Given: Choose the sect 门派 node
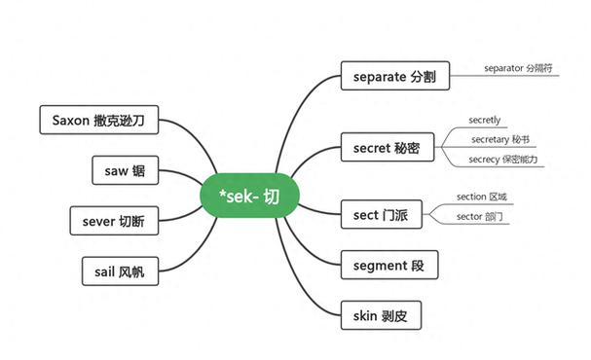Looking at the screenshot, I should (381, 213).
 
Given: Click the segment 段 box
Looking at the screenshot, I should (388, 265).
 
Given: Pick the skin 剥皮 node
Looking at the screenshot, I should (381, 315).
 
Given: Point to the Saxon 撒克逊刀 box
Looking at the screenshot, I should (99, 122).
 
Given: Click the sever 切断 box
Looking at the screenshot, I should (113, 221).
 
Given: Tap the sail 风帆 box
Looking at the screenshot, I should (119, 271).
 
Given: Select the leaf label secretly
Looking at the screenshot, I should (484, 121).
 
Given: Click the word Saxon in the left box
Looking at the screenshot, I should (71, 122).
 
